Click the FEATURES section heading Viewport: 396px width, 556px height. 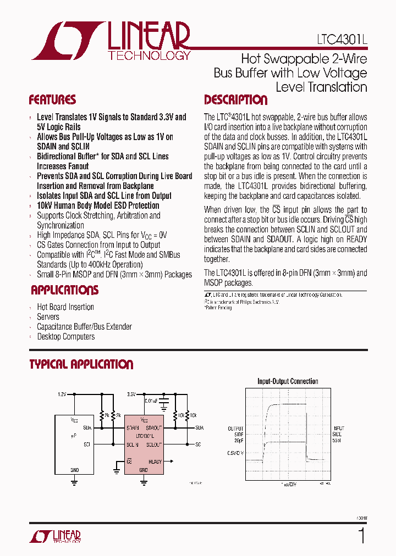pos(52,100)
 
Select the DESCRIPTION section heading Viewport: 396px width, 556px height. pos(235,100)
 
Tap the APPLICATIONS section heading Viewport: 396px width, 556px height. pos(64,290)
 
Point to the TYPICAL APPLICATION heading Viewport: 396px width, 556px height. pos(81,364)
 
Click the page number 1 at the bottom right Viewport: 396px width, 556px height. pos(361,535)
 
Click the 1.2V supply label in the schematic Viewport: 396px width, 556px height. pos(62,394)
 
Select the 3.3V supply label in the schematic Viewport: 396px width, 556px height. pos(131,394)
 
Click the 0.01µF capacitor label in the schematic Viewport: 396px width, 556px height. pos(152,402)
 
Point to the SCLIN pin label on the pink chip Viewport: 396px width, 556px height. pos(133,444)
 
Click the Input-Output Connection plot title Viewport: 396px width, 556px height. pos(288,381)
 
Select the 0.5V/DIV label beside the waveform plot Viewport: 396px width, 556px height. pos(235,453)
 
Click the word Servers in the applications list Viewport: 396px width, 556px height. pos(48,317)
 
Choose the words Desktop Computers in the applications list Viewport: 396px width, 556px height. pos(66,337)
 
